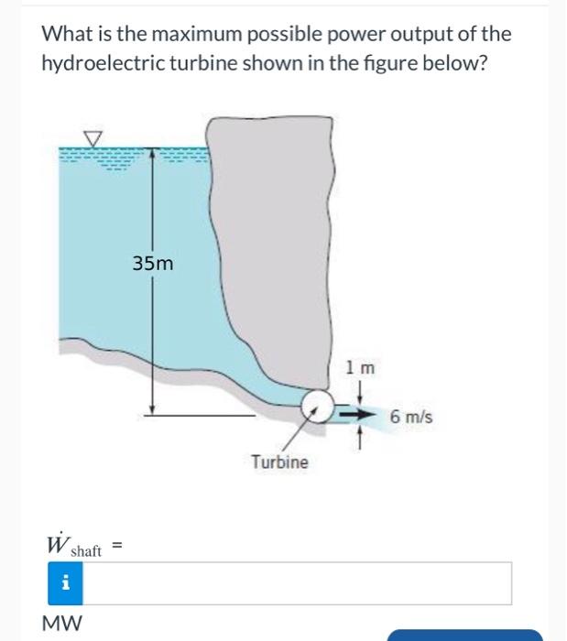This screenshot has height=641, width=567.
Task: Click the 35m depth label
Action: coord(152,264)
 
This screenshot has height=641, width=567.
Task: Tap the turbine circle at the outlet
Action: coord(316,404)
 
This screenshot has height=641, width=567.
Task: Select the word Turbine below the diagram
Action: coord(279,462)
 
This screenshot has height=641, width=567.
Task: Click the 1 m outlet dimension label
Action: coord(361,368)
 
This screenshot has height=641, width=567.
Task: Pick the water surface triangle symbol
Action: coord(93,137)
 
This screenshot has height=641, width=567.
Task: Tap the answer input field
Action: coord(298,583)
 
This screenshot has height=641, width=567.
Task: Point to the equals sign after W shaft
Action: coord(117,545)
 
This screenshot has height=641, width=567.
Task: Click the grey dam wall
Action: coord(275,238)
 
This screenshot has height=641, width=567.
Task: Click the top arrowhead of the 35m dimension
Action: coord(152,148)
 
